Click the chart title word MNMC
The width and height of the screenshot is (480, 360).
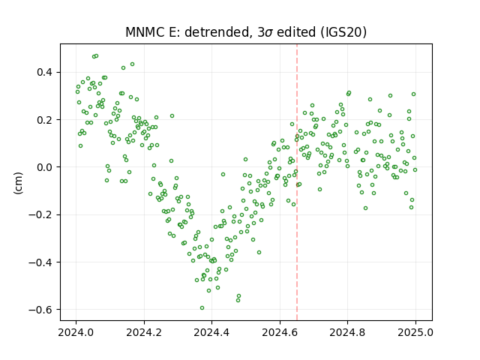click(144, 32)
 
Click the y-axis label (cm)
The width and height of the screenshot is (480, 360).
click(18, 183)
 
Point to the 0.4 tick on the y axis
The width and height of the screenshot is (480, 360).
click(45, 73)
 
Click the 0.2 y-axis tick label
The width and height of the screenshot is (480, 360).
click(45, 120)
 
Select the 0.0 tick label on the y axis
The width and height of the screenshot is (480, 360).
click(45, 167)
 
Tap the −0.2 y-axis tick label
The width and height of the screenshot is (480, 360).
click(40, 215)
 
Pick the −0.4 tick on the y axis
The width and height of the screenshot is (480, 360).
click(40, 262)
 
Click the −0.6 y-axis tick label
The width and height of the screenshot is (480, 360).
click(40, 310)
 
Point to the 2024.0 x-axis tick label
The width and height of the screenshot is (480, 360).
click(76, 332)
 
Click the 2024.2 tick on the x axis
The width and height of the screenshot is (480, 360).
click(144, 332)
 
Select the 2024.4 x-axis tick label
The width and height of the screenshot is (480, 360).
click(211, 332)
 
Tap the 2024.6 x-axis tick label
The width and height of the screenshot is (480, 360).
click(280, 332)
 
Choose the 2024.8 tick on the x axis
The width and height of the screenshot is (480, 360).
click(347, 332)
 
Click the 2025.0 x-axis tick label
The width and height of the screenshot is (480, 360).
click(415, 332)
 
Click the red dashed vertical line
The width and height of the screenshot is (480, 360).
click(297, 182)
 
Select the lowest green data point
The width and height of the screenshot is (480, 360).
click(202, 307)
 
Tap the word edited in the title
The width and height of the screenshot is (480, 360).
click(296, 32)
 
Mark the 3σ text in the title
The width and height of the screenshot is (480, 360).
click(265, 32)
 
